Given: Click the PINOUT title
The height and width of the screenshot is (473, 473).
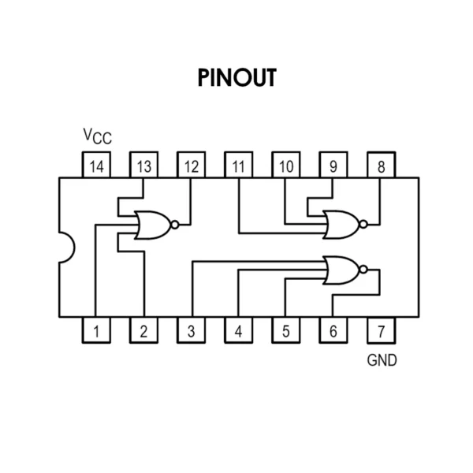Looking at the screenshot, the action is pos(236,77).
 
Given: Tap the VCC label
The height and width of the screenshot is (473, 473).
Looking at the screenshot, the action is pos(97,136).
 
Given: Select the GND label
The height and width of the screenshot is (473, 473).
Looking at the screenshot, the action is pos(382,360).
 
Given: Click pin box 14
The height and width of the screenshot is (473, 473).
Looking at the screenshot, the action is pos(96,165).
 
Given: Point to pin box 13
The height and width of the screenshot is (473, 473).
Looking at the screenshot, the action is pos(144,165).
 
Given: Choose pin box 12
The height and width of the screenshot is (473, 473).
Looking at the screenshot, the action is pos(192,165).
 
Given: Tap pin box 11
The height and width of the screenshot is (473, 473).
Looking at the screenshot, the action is pos(239,165).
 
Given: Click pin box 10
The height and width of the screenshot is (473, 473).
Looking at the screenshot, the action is pos(286,165).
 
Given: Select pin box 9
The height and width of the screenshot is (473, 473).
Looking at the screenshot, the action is pos(333,165).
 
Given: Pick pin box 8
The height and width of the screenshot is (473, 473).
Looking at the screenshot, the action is pos(382,165).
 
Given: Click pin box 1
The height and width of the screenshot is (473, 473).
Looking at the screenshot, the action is pos(96,330).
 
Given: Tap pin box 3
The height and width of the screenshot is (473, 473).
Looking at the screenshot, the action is pos(192,330).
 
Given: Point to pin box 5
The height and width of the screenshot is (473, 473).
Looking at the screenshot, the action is pos(286,330).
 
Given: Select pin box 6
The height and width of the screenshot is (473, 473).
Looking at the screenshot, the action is pos(333,330).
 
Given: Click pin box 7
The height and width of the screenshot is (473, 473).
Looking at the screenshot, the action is pos(382,330).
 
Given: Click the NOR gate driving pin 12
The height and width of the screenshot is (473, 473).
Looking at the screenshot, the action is pos(156,225).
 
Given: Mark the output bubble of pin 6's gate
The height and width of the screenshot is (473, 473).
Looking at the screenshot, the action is pos(363,270).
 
